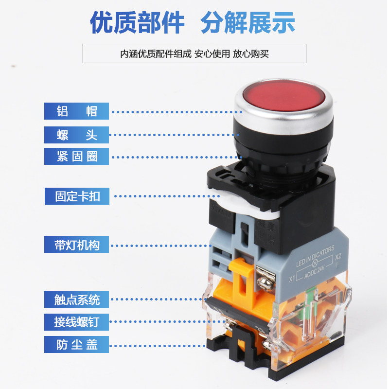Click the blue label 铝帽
coord(77,111)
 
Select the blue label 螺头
coord(77,135)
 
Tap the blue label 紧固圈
coord(77,157)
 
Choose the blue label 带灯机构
coord(77,245)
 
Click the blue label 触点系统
coord(77,300)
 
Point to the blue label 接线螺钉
coord(77,321)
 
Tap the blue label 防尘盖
coord(77,344)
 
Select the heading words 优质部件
coord(138,23)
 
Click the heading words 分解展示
coord(248,23)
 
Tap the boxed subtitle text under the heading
coord(194,53)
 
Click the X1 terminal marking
coord(292,279)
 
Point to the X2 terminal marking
coord(338,256)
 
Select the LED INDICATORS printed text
coord(315,256)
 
